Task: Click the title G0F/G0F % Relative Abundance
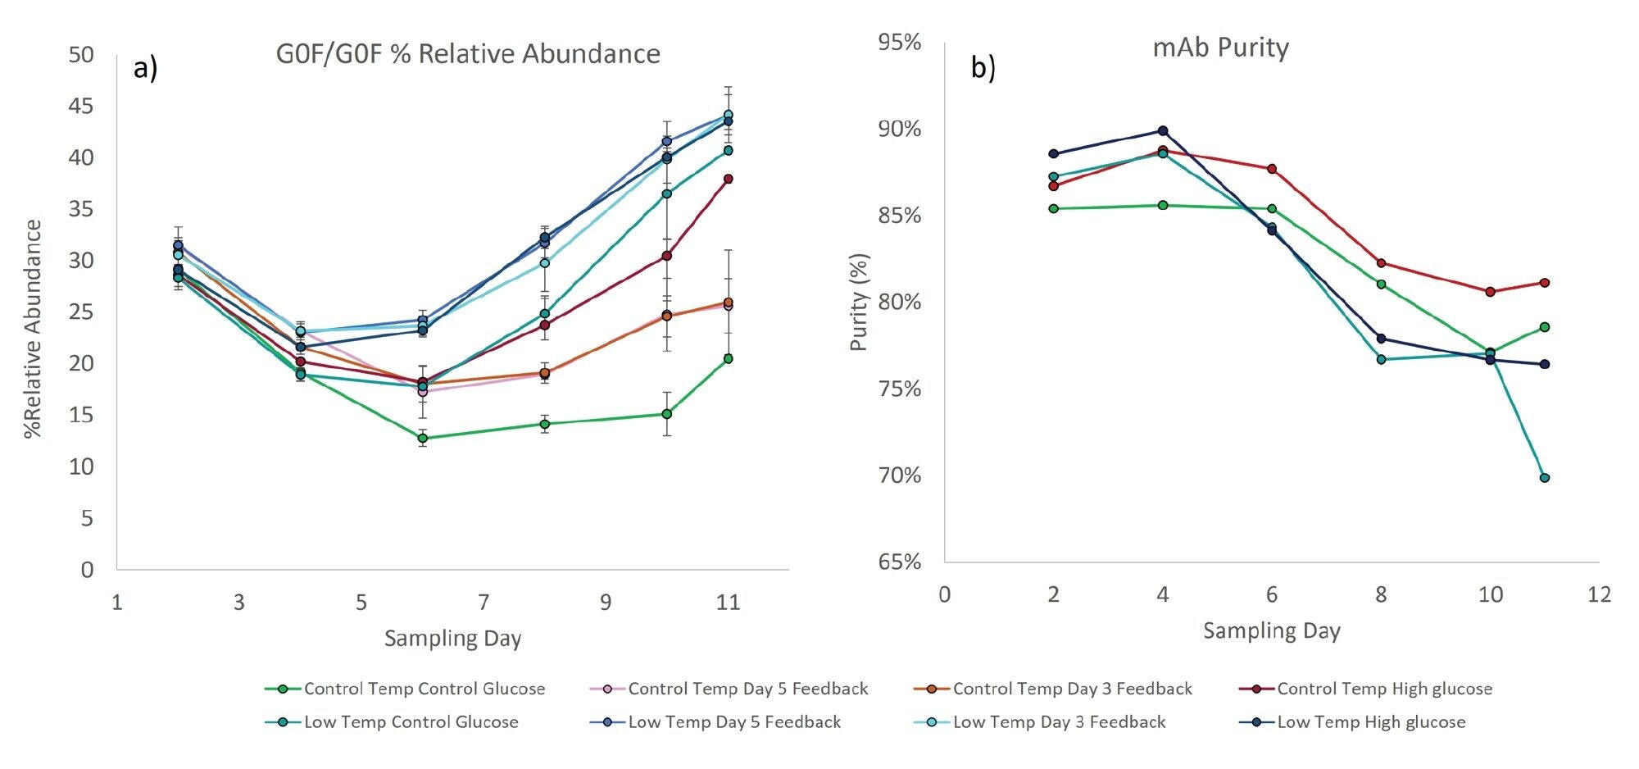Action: coord(468,54)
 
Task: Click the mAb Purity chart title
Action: coord(1220,48)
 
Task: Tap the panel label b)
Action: coord(983,68)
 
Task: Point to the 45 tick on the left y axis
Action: coord(81,107)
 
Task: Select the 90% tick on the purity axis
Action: coord(899,130)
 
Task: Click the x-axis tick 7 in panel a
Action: coord(484,603)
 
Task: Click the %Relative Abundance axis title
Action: coord(33,329)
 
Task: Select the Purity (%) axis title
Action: coord(858,302)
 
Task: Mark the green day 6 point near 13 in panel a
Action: coord(423,439)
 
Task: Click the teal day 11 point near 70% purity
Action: coord(1545,478)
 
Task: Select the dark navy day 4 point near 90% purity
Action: coord(1163,131)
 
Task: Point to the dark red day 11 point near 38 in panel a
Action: coord(728,179)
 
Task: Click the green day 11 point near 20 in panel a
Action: coord(728,359)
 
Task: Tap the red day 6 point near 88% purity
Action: coord(1272,169)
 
